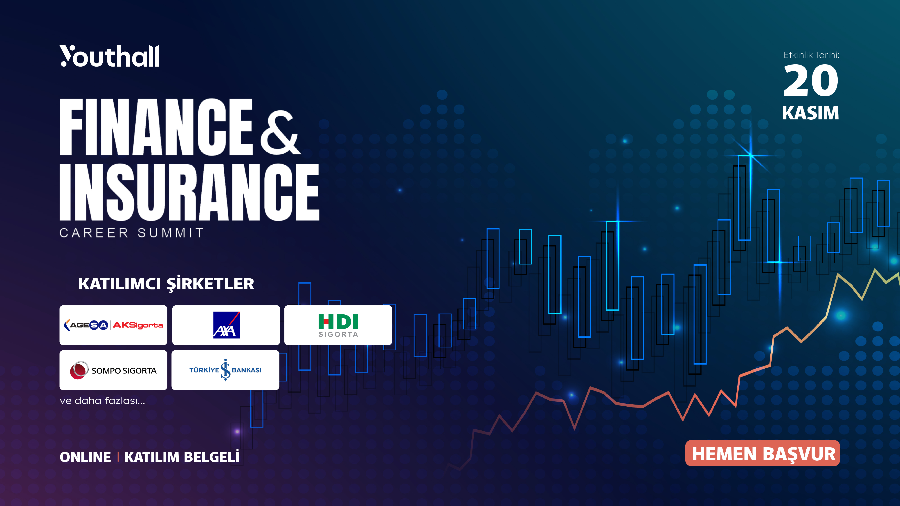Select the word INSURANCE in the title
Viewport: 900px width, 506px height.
(189, 192)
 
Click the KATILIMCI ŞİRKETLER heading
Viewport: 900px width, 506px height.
(166, 284)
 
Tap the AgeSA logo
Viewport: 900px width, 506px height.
(86, 325)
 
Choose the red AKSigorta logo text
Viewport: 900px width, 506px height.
(138, 325)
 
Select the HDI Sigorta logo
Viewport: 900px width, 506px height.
(338, 325)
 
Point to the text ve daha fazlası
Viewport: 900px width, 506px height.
(102, 401)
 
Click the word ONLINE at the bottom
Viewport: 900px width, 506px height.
(85, 457)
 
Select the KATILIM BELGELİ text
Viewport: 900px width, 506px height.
(182, 457)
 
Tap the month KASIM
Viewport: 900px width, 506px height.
(810, 113)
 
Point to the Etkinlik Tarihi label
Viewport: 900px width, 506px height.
(811, 55)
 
